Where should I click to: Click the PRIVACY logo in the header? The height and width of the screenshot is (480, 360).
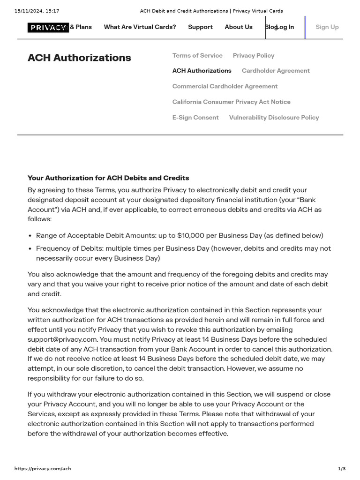[x=48, y=27]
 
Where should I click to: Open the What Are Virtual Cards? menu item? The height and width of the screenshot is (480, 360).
[x=140, y=27]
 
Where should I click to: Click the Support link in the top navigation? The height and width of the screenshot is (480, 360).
[x=200, y=27]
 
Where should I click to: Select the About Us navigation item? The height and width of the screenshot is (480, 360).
[x=238, y=27]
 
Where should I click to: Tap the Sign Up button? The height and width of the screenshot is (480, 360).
[x=327, y=27]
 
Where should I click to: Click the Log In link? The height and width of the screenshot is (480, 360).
[x=285, y=27]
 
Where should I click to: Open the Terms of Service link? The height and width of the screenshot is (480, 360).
[x=197, y=55]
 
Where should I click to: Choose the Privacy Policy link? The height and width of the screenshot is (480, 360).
[x=253, y=55]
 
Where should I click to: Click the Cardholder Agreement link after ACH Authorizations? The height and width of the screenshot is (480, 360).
[x=276, y=71]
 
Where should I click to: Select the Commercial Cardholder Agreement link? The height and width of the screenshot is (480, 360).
[x=225, y=86]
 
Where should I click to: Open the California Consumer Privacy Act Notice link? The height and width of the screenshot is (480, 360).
[x=231, y=102]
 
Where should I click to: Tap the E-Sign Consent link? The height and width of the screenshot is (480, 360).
[x=195, y=118]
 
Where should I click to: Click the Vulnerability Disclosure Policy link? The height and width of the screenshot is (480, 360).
[x=274, y=118]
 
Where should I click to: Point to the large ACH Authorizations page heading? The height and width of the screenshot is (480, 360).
[x=79, y=58]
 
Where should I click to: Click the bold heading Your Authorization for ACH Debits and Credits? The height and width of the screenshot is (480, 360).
[x=108, y=178]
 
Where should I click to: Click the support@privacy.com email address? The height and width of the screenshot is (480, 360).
[x=63, y=339]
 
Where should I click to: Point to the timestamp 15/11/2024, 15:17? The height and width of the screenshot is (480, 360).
[x=37, y=11]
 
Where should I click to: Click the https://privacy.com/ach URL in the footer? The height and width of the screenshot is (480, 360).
[x=43, y=469]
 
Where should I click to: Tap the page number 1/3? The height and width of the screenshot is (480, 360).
[x=341, y=469]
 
